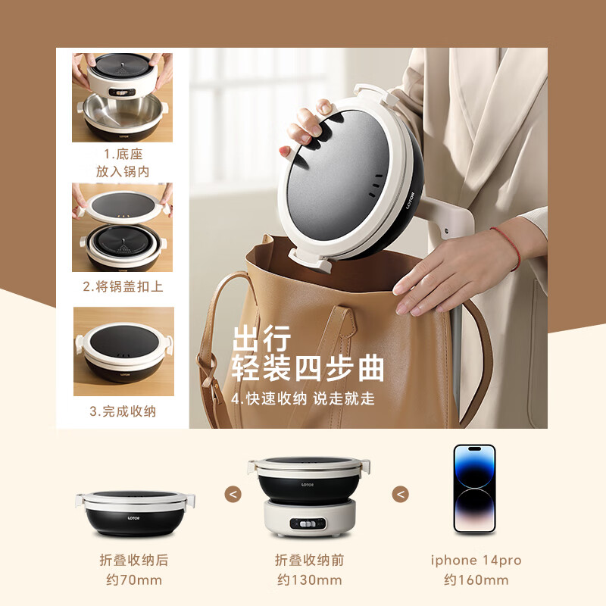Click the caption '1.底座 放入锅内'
122,163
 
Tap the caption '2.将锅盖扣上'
123,287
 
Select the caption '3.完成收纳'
123,411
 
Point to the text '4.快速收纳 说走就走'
303,398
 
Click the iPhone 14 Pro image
474,489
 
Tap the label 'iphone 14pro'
476,561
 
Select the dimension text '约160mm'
476,580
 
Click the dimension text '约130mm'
309,580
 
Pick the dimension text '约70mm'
134,580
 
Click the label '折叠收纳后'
134,561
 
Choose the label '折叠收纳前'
309,561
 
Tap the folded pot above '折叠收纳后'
135,511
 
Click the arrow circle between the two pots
233,494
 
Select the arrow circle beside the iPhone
400,494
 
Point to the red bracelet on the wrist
506,246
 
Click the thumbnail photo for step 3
123,351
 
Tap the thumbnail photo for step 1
122,97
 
